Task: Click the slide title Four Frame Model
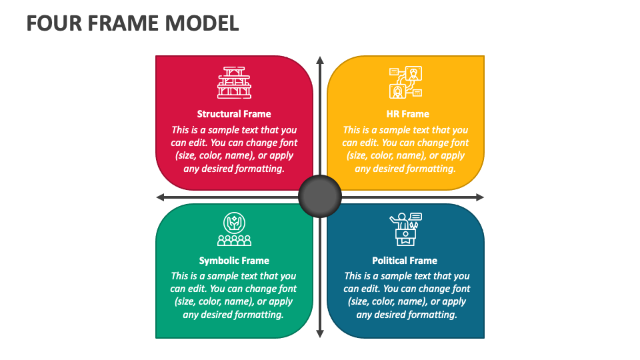point(133,23)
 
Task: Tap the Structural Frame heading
point(234,114)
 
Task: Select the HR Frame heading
point(408,114)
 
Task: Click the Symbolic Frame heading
point(234,261)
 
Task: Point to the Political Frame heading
point(405,261)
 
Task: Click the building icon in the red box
point(234,83)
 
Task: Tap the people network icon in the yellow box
point(406,83)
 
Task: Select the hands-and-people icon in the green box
point(234,229)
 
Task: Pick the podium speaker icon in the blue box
point(406,229)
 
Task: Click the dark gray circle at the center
point(320,196)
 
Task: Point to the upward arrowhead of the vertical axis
point(320,60)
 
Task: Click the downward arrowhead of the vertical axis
point(320,333)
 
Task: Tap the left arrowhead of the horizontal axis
point(161,197)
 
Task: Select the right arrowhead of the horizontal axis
point(480,197)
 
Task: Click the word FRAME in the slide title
point(123,23)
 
